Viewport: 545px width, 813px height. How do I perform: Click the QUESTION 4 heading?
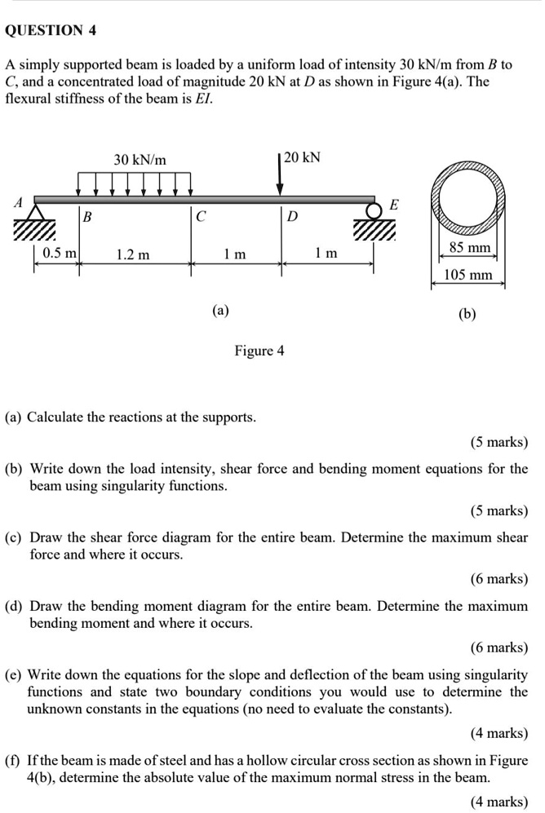(51, 31)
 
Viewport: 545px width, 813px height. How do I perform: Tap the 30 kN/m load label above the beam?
(140, 160)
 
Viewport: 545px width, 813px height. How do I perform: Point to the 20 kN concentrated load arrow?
(280, 175)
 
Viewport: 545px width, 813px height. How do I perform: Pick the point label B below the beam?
(88, 218)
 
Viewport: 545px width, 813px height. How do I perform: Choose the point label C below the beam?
(201, 218)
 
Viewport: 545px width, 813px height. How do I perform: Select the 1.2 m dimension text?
(133, 255)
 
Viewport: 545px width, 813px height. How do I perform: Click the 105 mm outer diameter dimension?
(468, 275)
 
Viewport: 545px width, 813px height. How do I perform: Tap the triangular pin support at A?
(35, 214)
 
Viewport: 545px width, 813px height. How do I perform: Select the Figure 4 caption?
(259, 351)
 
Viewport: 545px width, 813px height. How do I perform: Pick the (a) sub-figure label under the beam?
(220, 310)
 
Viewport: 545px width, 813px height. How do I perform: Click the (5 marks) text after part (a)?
(499, 443)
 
